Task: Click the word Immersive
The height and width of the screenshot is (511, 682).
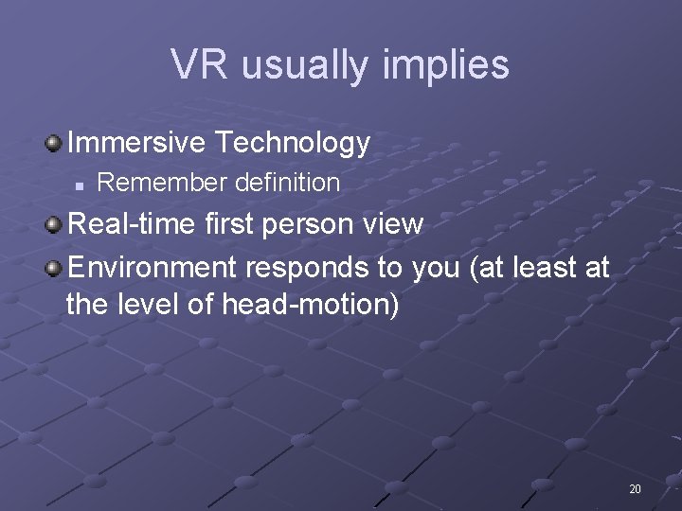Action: click(136, 143)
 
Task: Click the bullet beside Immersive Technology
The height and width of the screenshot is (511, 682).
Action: click(53, 144)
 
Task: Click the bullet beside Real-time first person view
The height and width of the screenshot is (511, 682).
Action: click(53, 225)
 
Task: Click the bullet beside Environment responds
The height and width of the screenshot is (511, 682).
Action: click(53, 269)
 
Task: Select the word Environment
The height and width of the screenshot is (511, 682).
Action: click(153, 268)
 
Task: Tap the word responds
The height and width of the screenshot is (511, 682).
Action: click(309, 268)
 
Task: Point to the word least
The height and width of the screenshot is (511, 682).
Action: click(547, 268)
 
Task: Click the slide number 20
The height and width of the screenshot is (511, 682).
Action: click(635, 489)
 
